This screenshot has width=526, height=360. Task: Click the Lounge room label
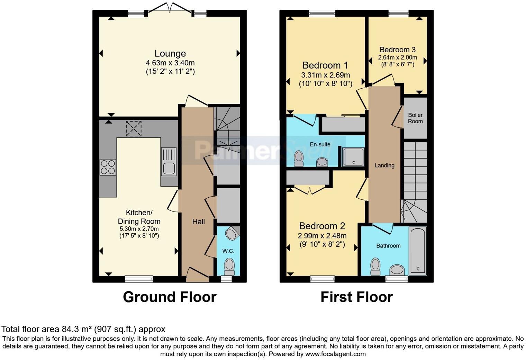pyautogui.click(x=170, y=54)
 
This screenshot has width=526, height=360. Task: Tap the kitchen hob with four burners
pyautogui.click(x=108, y=167)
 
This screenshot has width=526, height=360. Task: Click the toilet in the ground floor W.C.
pyautogui.click(x=229, y=266)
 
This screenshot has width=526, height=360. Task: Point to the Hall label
pyautogui.click(x=198, y=222)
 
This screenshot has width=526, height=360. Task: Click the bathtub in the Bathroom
pyautogui.click(x=418, y=251)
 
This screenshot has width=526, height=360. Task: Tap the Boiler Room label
pyautogui.click(x=415, y=118)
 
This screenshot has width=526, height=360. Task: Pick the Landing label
pyautogui.click(x=384, y=165)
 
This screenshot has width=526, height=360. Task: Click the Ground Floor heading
pyautogui.click(x=170, y=297)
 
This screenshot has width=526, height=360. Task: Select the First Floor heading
pyautogui.click(x=356, y=297)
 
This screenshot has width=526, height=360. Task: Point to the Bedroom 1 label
pyautogui.click(x=325, y=65)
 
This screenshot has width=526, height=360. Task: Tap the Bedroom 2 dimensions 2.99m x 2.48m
pyautogui.click(x=322, y=236)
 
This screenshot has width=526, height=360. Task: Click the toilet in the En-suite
pyautogui.click(x=298, y=159)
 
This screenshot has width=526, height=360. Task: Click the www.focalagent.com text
pyautogui.click(x=335, y=354)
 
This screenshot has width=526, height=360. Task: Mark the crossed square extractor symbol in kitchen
pyautogui.click(x=134, y=128)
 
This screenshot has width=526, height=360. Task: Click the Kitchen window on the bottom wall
pyautogui.click(x=139, y=279)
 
